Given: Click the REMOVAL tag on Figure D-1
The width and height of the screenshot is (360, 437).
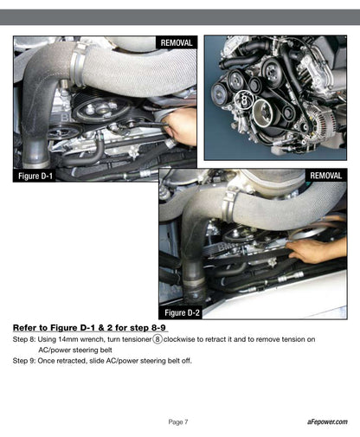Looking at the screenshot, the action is point(177,42).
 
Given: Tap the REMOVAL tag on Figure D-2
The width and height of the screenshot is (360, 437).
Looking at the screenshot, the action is point(326,176).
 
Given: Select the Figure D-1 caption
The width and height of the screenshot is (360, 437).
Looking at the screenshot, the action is point(35,176).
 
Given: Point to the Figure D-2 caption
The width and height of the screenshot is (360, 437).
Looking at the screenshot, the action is point(182,312).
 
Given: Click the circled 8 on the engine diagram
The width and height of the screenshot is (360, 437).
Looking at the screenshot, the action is point(244,100).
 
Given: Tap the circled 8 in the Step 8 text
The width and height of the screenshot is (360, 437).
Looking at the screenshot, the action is point(157,339).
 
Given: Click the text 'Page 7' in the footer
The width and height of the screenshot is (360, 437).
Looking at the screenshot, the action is point(178,422).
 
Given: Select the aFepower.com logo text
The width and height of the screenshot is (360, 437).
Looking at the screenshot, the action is point(327,421).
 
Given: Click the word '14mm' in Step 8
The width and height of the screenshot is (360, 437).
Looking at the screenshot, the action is point(67,339).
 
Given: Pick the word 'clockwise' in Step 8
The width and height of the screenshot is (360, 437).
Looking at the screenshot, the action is point(179,339).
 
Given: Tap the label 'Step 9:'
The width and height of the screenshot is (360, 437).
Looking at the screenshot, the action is point(24,361).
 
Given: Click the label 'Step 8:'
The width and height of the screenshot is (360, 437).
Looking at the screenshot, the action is point(24,339).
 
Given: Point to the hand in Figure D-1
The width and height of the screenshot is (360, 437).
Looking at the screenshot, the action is point(179,127).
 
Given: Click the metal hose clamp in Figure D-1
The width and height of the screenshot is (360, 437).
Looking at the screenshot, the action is point(78,64).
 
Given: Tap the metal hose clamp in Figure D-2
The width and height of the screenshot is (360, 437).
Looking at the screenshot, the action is point(229,205).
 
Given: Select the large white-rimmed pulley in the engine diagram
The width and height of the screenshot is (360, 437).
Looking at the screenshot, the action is point(262,112).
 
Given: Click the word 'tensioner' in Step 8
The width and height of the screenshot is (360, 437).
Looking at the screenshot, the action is point(137,339).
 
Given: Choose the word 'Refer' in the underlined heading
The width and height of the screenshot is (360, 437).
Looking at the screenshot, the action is point(24,328).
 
